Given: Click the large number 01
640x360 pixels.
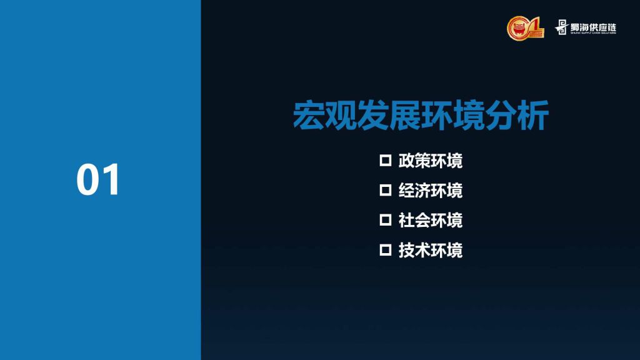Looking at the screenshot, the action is pos(98,179).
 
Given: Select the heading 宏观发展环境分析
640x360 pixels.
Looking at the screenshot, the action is pos(421,116).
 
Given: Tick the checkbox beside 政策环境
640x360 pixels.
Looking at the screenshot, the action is pos(385,160).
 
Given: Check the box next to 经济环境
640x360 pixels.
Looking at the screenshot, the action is pos(385,190).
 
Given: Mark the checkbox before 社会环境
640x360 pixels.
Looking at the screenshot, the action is pos(385,220).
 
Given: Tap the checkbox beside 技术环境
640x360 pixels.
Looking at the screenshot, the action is pos(385,250).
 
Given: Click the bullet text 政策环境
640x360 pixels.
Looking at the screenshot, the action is pos(430,161).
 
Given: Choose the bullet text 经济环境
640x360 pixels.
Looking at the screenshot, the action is pos(430,190).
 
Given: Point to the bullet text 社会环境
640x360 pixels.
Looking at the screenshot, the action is pos(430,221).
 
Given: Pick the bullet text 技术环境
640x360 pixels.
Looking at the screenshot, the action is pos(430,250).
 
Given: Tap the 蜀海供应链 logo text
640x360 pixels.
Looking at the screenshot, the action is pos(593,27).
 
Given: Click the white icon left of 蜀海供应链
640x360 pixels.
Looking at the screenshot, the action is pos(562,27).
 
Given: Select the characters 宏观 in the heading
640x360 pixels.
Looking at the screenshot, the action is pos(325,116).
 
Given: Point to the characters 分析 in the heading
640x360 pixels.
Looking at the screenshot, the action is pos(517,116).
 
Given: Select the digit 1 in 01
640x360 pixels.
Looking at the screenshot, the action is pos(111,179).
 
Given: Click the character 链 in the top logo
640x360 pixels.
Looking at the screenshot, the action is pos(611,27).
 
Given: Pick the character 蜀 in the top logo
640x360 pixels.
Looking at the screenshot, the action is pos(576,27).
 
